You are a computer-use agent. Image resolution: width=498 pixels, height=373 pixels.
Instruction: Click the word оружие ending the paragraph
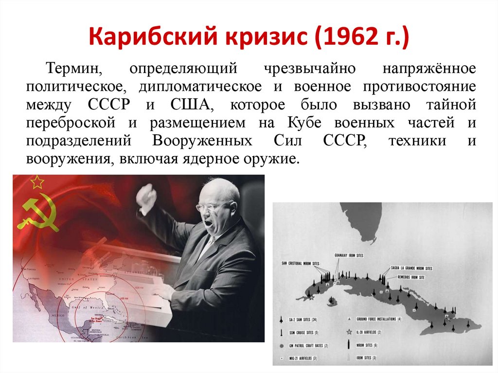point(269,159)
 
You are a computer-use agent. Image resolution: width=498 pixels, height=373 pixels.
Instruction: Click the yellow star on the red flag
point(37,182)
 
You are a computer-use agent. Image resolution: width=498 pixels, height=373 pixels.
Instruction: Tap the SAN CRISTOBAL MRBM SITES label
point(301,263)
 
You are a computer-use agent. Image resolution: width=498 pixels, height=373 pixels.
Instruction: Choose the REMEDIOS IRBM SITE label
point(411,276)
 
